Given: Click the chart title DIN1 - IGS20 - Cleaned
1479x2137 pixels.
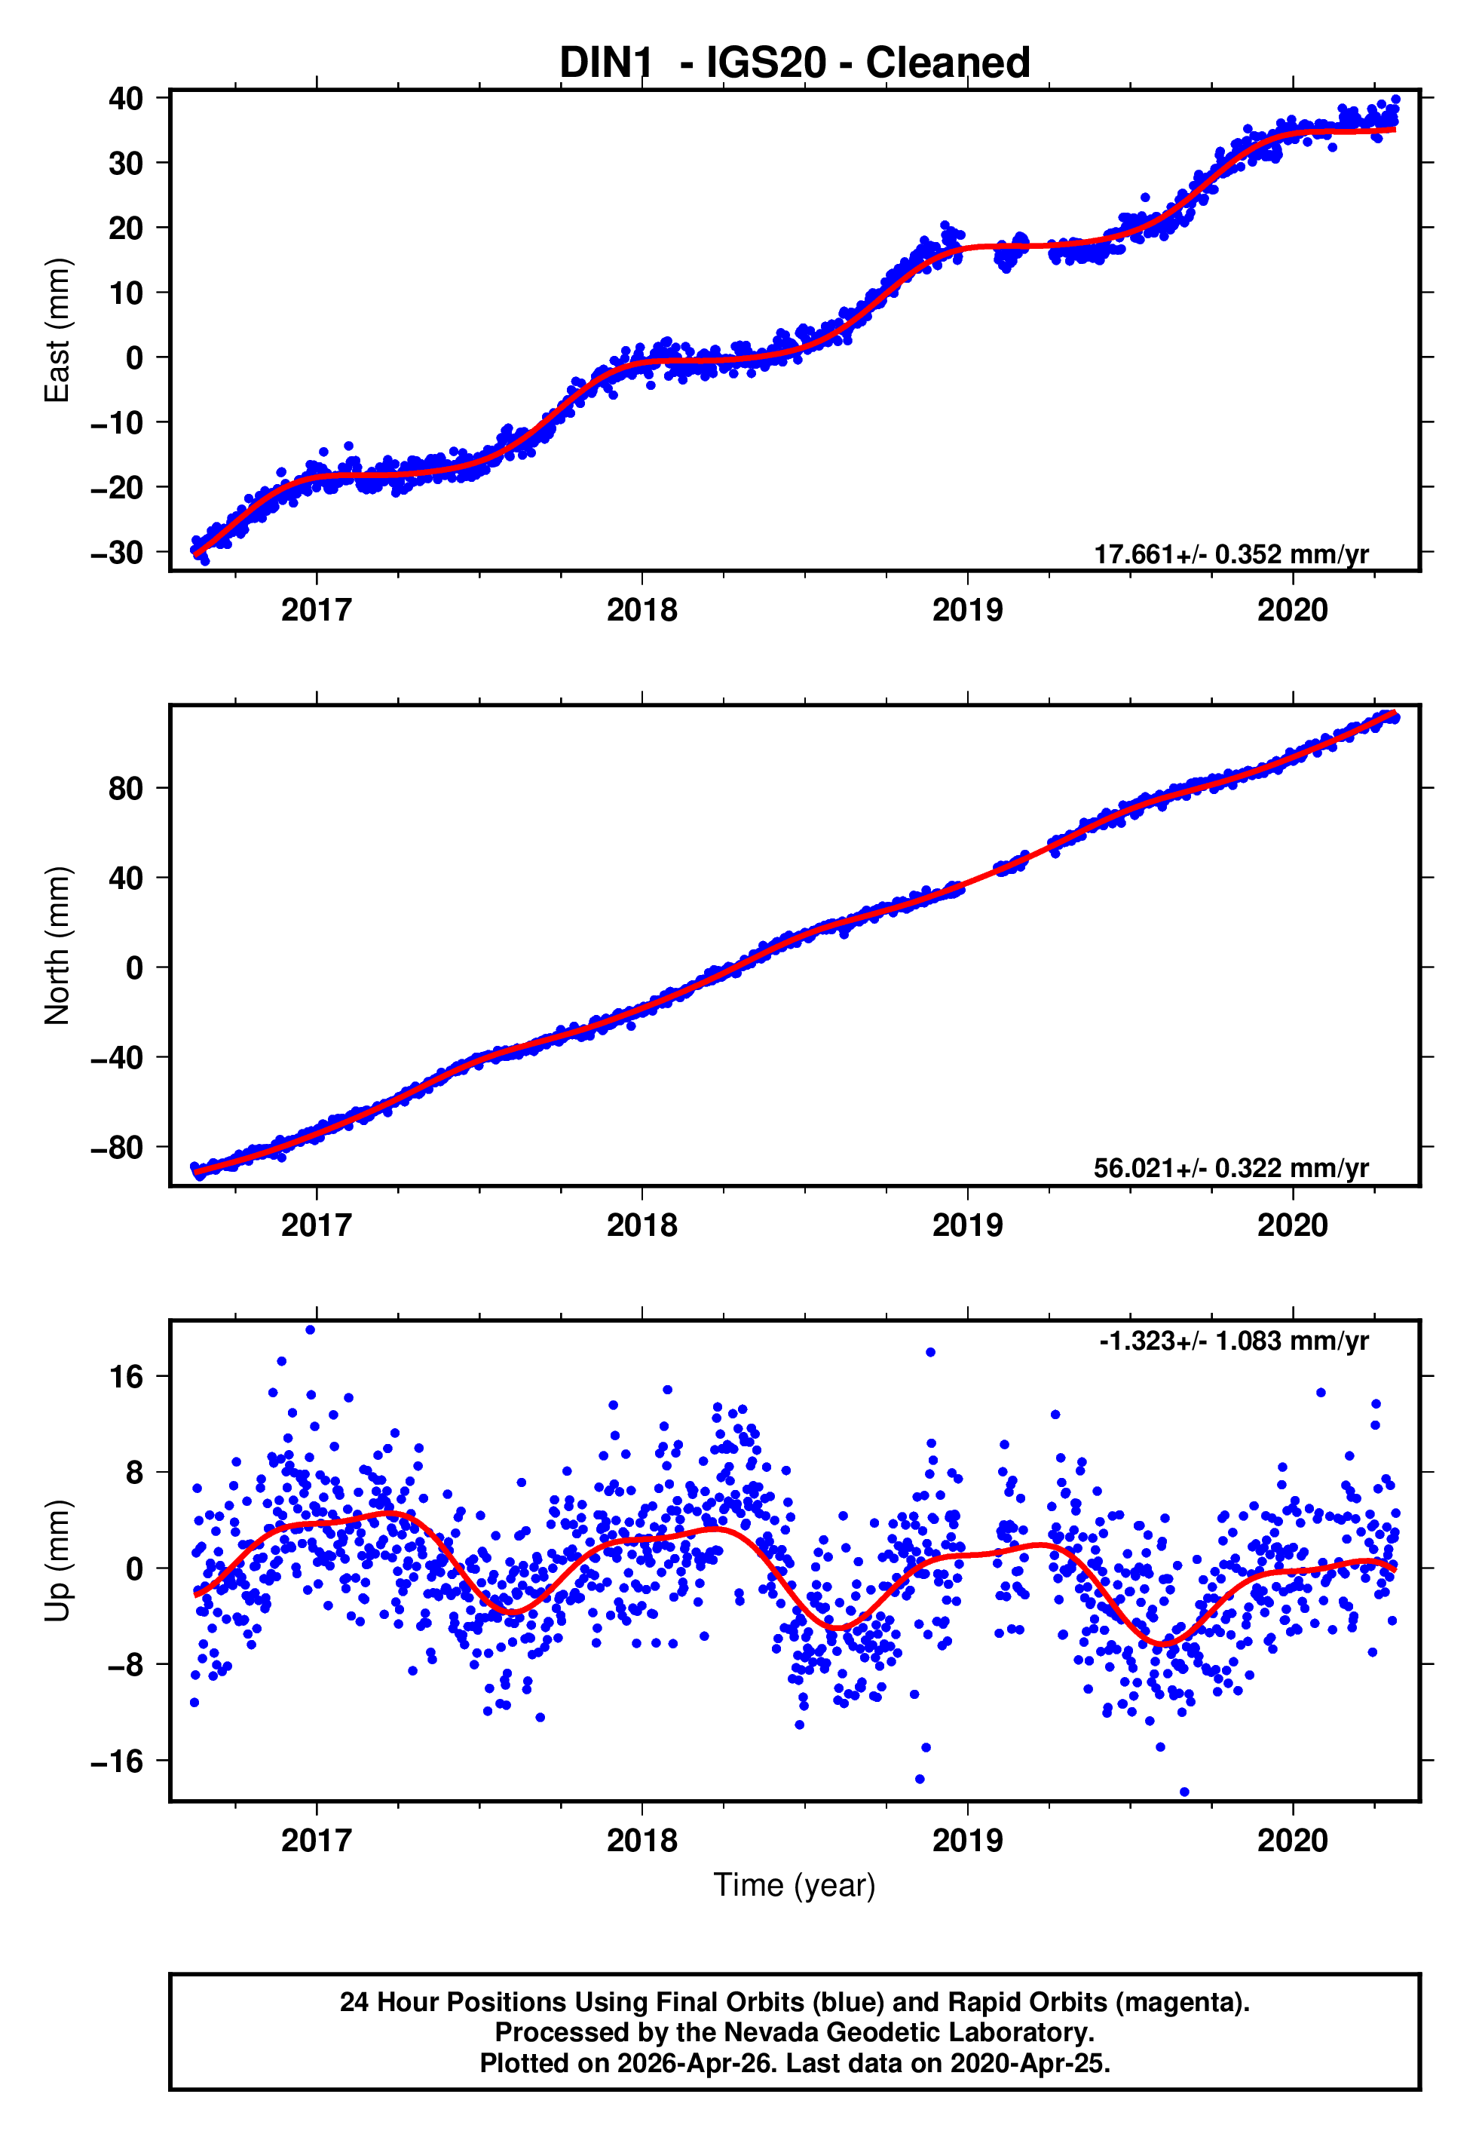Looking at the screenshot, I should coord(795,63).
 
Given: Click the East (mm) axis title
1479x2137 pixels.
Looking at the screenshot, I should coord(57,331).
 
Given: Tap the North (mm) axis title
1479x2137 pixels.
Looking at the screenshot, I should coord(57,946).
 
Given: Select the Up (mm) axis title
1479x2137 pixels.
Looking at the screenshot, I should coord(57,1561).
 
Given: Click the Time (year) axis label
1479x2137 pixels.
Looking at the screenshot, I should coord(795,1885).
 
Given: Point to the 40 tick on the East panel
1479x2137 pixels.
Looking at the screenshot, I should coord(125,98).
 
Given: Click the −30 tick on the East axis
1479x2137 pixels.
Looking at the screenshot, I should coord(117,553).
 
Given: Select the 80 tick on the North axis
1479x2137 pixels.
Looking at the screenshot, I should coord(125,789).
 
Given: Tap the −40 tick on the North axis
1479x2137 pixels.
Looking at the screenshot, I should coord(117,1058).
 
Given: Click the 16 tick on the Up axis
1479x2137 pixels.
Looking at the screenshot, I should coord(126,1377).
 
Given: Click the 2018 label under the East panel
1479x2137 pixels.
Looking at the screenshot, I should coord(642,611).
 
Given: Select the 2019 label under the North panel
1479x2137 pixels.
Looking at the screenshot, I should coord(966,1226).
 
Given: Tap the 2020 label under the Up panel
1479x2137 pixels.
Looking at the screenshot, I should coord(1292,1841).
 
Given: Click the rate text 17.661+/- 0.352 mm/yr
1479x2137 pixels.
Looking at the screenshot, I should coord(1231,554).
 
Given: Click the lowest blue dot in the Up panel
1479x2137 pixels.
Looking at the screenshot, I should coord(1184,1792).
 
